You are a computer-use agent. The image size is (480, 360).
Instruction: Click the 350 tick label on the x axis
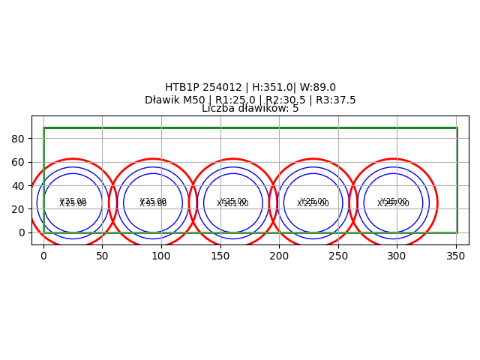[x=456, y=256]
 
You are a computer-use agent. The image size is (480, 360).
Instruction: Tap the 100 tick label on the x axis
[x=161, y=256]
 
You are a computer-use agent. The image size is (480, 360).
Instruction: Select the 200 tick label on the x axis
[x=279, y=256]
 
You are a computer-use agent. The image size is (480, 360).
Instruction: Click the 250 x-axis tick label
[x=338, y=256]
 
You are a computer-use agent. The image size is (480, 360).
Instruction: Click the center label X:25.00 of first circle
[x=73, y=204]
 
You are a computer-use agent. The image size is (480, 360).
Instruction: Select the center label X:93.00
[x=153, y=204]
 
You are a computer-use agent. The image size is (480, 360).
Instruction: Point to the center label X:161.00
[x=232, y=204]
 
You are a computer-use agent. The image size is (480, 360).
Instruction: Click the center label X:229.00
[x=313, y=204]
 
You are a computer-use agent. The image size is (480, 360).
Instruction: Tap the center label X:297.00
[x=393, y=204]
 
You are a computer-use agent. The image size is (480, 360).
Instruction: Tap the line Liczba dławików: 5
[x=250, y=109]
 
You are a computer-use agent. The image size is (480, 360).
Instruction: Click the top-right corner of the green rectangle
[x=457, y=128]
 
